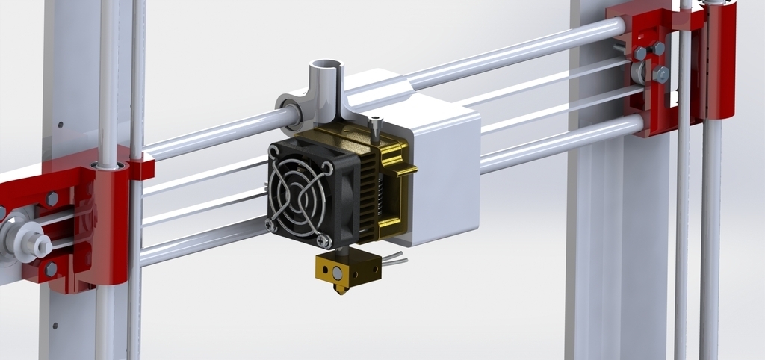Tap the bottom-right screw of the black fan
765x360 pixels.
click(x=323, y=240)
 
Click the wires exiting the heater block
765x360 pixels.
click(x=395, y=259)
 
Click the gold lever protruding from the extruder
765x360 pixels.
click(x=403, y=172)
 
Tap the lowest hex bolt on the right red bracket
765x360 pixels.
click(x=661, y=75)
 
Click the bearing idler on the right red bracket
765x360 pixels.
click(x=639, y=73)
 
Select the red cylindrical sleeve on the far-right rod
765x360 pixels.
click(x=719, y=60)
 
